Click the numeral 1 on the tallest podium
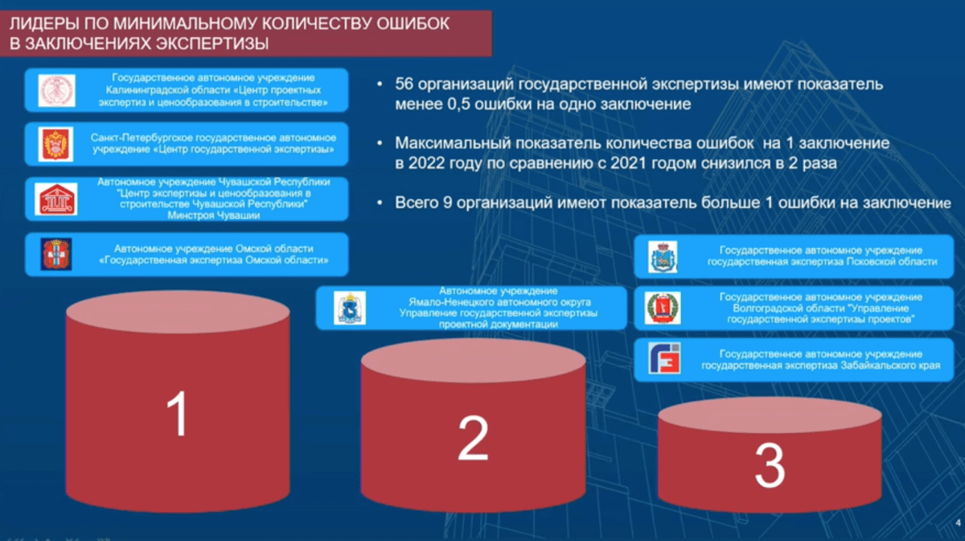178,413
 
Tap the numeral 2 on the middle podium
473,438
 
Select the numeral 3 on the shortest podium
770,465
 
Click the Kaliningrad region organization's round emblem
56,91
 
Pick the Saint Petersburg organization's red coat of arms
55,144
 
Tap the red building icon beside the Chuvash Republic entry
56,200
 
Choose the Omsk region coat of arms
56,254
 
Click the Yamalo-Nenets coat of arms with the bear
350,308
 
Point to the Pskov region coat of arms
663,257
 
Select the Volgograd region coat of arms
663,308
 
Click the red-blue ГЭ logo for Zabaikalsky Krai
664,358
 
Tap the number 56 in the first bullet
404,84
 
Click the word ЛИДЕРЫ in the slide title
44,23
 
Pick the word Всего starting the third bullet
417,203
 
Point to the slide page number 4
958,522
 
